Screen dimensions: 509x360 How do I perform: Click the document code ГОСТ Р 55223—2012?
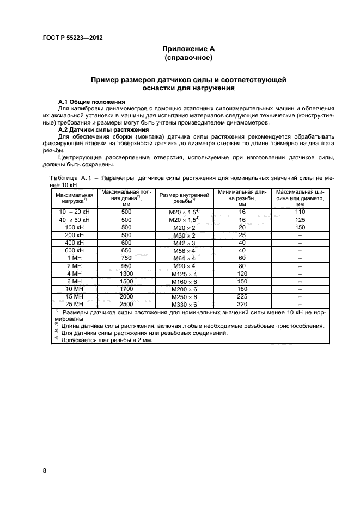tap(73, 38)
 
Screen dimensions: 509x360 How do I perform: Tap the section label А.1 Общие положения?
tap(91, 102)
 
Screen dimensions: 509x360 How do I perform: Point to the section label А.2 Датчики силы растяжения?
tap(103, 130)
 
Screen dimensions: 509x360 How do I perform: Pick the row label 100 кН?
tap(74, 227)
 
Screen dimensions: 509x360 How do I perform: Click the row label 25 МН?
tap(74, 304)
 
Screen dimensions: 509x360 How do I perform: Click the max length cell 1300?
tap(126, 274)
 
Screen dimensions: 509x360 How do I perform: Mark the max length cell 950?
tap(126, 266)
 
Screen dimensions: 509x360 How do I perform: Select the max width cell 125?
tap(300, 219)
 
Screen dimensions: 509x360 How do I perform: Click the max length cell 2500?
tap(126, 304)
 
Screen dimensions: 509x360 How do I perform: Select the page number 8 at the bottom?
tap(44, 470)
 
